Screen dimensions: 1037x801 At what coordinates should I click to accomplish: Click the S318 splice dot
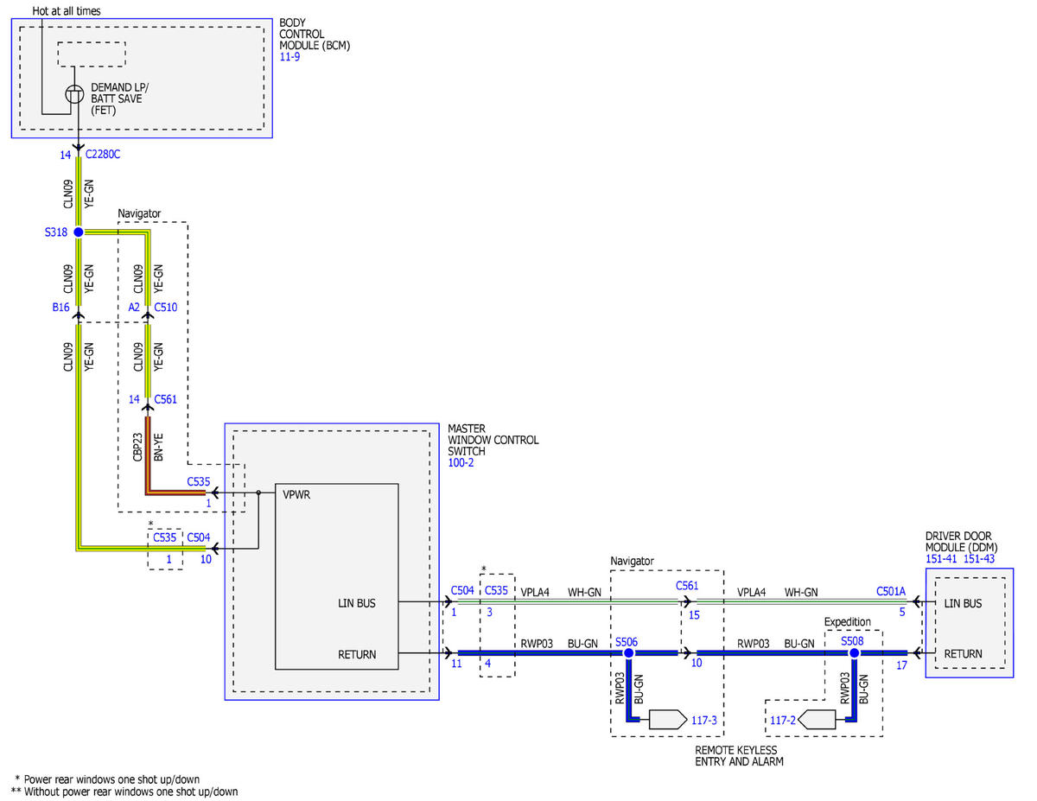point(79,232)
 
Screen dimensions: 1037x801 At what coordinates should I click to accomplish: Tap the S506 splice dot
point(628,652)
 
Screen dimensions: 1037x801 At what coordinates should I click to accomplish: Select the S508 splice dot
point(854,652)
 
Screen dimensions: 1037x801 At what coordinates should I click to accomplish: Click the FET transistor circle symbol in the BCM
point(74,94)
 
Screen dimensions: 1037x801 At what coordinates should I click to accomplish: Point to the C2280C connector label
point(103,154)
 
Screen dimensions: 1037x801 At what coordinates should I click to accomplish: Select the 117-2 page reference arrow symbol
point(817,720)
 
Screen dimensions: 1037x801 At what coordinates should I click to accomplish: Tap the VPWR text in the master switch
point(296,495)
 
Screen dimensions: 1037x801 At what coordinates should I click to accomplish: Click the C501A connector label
point(890,591)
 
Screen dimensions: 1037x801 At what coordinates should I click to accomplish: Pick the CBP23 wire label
point(137,447)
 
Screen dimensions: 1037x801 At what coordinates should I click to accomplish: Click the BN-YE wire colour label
point(158,447)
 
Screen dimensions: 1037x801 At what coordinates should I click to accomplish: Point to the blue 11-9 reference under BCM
point(289,57)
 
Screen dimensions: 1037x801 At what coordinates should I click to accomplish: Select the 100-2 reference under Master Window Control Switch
point(461,462)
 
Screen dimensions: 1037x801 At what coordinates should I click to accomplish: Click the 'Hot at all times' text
point(67,10)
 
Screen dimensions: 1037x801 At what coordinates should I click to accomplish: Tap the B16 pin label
point(60,308)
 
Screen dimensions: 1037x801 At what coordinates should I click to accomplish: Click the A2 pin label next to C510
point(134,308)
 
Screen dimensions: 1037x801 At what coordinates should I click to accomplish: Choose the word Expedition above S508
point(847,621)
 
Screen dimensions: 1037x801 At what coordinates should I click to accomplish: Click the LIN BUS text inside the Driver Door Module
point(963,603)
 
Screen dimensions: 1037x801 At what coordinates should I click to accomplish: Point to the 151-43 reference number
point(979,559)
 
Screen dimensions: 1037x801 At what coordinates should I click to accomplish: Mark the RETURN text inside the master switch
point(357,655)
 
